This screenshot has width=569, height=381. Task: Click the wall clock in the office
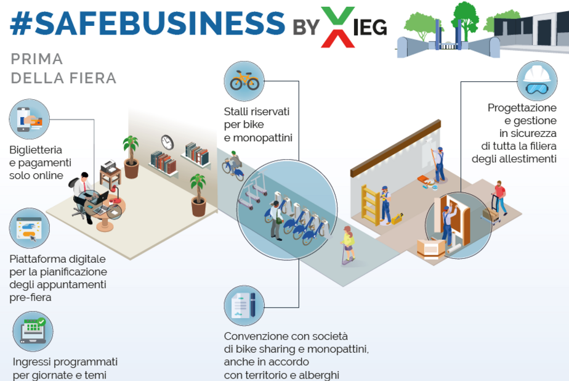167,142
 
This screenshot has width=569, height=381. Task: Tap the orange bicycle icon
244,81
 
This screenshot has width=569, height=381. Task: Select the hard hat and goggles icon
536,81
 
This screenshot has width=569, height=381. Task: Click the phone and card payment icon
29,119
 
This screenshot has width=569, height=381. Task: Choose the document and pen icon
244,306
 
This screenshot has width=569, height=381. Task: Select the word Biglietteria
36,149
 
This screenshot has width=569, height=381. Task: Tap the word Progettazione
522,108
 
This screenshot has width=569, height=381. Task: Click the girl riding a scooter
348,244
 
